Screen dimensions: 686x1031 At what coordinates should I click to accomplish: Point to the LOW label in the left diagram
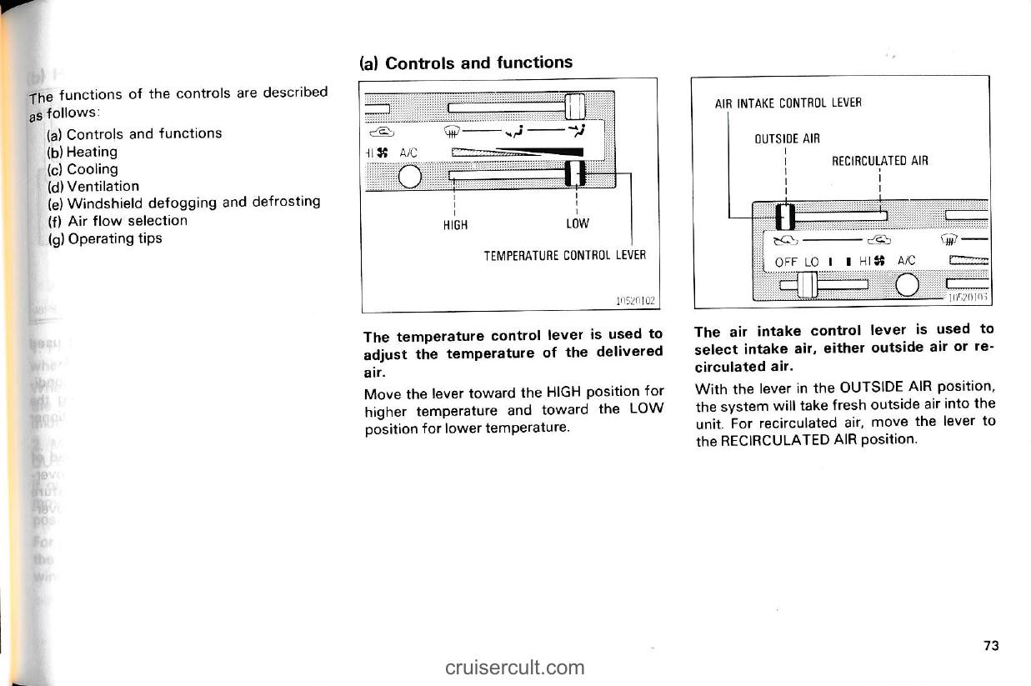[x=577, y=224]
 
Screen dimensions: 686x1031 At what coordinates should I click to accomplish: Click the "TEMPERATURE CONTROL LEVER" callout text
[x=565, y=256]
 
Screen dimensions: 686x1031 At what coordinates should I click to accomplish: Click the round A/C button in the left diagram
[x=409, y=177]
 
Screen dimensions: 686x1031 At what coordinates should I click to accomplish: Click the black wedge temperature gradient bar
[x=533, y=152]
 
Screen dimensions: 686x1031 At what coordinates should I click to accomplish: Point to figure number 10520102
[x=635, y=301]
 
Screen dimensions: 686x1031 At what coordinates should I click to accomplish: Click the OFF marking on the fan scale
[x=786, y=262]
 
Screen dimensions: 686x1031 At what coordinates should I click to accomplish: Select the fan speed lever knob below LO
[x=806, y=286]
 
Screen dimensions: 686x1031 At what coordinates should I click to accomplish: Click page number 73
[x=990, y=646]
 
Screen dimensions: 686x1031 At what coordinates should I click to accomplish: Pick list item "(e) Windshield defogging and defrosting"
[x=185, y=203]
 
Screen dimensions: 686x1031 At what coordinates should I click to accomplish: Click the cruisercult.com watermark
[x=515, y=667]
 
